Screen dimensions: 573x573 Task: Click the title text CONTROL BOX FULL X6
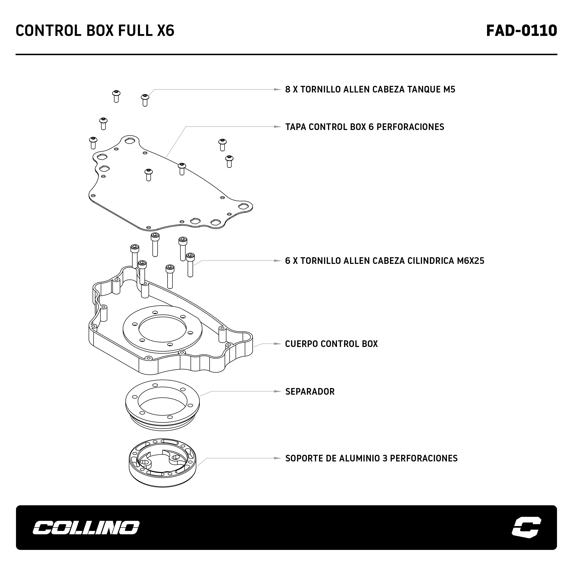[95, 31]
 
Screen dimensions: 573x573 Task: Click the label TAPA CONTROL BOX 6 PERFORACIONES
[364, 127]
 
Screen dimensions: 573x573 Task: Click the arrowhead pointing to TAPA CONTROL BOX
[277, 127]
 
